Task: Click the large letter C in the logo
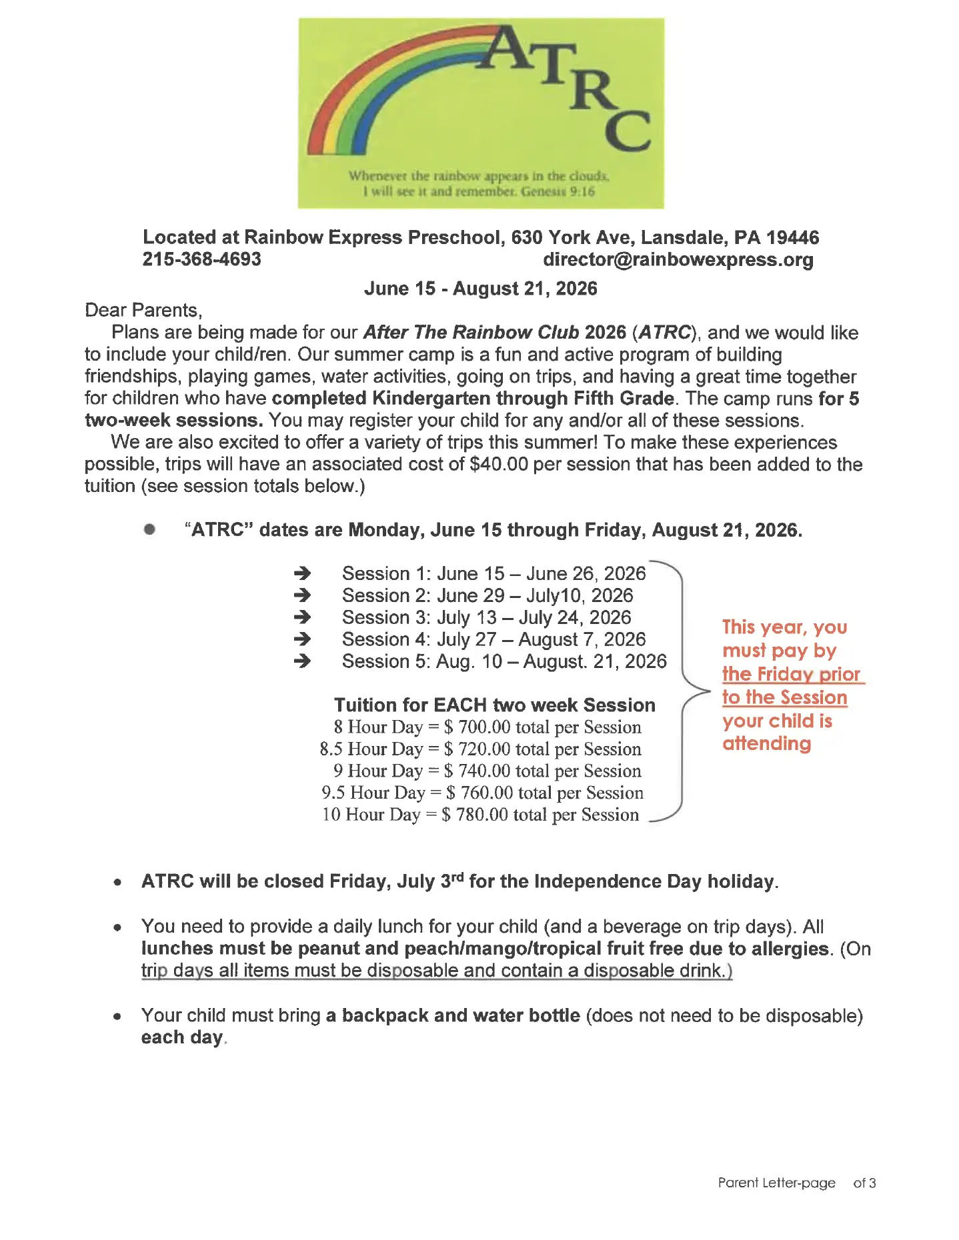(x=628, y=131)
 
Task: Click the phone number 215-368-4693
(x=201, y=259)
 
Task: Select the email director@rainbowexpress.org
(x=678, y=259)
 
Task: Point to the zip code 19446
(x=792, y=237)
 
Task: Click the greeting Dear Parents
(x=143, y=311)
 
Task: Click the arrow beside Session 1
(x=302, y=573)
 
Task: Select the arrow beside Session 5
(x=302, y=661)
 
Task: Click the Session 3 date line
(x=486, y=617)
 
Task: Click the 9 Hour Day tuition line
(x=487, y=771)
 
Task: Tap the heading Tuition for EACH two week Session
(x=494, y=705)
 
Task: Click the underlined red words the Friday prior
(x=791, y=674)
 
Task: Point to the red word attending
(x=766, y=743)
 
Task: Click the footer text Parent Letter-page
(x=776, y=1183)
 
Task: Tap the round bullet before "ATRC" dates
(x=149, y=529)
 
